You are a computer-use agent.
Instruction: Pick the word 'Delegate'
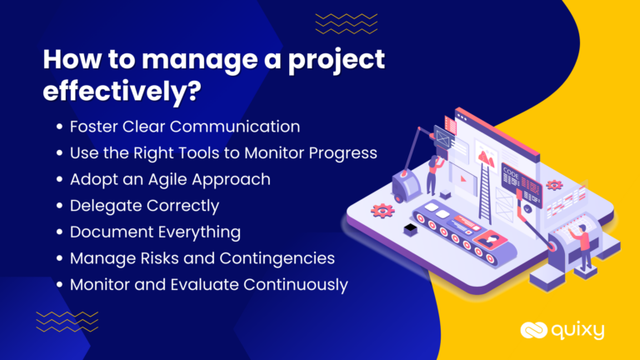(104, 206)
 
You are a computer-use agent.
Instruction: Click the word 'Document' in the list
(109, 232)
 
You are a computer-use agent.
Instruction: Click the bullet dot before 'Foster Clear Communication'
(59, 128)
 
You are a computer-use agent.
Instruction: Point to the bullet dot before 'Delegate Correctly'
(59, 206)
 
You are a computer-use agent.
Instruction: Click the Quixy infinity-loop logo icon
(533, 330)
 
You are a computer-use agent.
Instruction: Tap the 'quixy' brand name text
(577, 331)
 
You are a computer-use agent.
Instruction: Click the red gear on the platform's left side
(383, 210)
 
